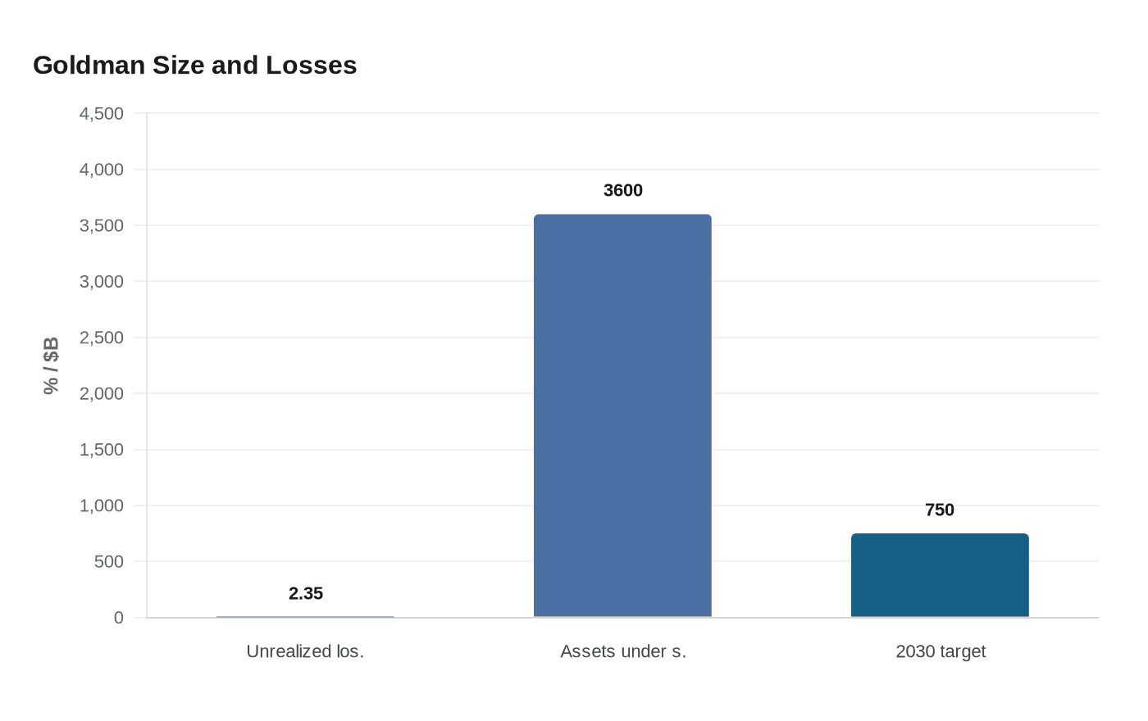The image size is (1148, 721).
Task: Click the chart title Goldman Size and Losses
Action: coord(195,66)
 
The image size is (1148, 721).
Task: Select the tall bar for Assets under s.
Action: coord(622,415)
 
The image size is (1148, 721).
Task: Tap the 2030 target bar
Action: coord(940,575)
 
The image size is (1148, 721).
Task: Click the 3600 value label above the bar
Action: coord(622,190)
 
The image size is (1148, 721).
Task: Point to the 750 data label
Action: coord(940,510)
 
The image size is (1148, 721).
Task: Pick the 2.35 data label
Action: coord(305,593)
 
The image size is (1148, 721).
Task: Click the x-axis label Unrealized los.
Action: coord(305,651)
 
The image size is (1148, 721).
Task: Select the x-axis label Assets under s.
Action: coord(622,651)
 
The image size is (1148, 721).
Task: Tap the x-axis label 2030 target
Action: coord(941,651)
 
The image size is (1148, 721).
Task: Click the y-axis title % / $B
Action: coord(51,365)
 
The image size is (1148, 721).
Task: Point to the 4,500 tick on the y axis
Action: coord(102,114)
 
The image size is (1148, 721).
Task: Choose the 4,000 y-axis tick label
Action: coord(102,170)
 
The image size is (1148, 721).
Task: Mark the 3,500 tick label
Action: coord(102,226)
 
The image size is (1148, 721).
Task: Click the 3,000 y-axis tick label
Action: coord(102,282)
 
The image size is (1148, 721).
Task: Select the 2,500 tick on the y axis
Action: coord(102,338)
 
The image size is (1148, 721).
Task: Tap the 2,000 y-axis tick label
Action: coord(102,394)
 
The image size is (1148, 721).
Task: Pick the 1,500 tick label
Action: coord(102,450)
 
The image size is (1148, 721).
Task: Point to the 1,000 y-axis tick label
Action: coord(102,506)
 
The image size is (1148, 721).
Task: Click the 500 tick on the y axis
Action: coord(108,562)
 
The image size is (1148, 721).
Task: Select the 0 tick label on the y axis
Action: coord(118,618)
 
